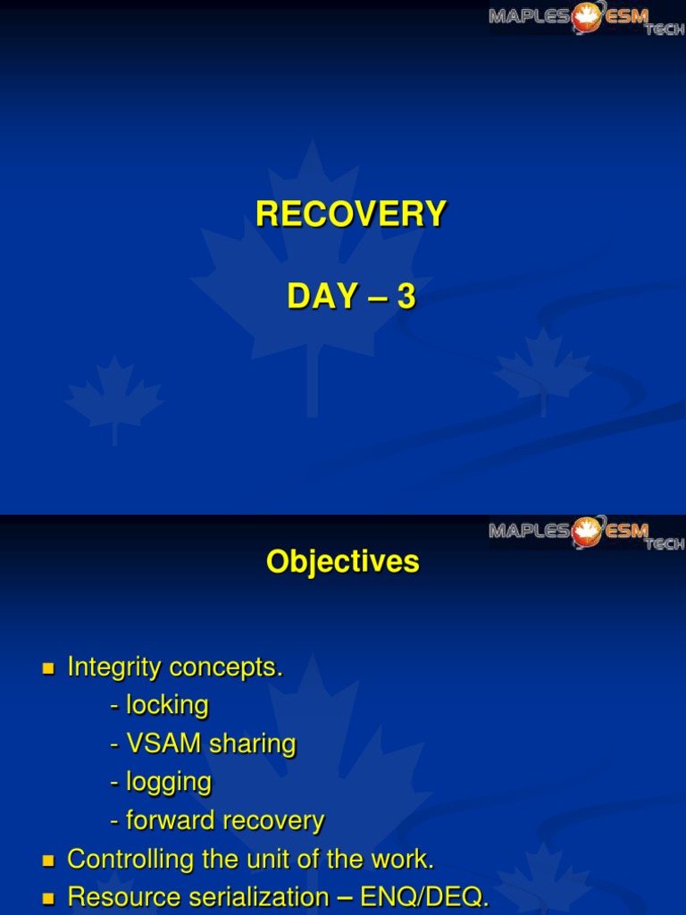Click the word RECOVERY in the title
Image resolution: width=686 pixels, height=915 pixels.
(x=351, y=214)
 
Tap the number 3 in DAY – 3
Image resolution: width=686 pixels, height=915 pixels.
(x=406, y=297)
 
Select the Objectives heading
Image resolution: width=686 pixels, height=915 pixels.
(x=342, y=561)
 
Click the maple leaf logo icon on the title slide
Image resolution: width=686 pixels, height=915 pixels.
(x=588, y=16)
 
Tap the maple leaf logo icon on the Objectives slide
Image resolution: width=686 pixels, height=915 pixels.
(x=588, y=531)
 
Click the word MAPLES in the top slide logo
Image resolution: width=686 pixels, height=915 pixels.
(x=528, y=15)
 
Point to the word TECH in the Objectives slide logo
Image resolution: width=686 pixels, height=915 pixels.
(x=665, y=544)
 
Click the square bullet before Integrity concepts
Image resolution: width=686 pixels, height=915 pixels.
(x=49, y=668)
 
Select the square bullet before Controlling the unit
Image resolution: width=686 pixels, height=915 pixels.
(x=49, y=860)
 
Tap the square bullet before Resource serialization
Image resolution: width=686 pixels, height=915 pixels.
(x=49, y=898)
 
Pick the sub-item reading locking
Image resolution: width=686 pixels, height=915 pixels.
(x=167, y=705)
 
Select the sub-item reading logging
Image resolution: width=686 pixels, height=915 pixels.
(x=168, y=783)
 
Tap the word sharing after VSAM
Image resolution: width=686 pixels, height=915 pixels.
(x=252, y=743)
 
